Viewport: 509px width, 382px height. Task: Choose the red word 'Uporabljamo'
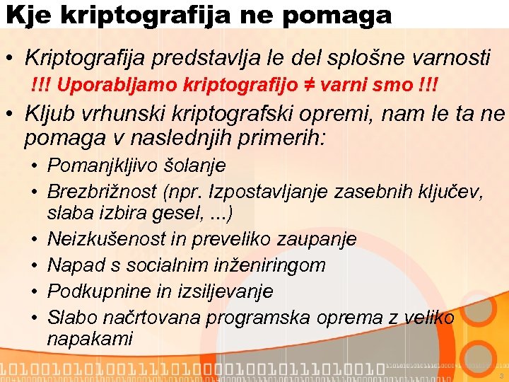117,86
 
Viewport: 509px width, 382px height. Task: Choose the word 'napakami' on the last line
90,339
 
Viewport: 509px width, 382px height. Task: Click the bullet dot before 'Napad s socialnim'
34,265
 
